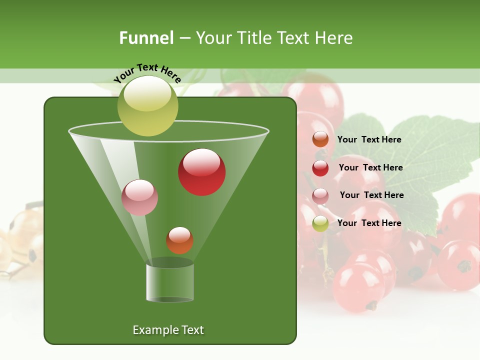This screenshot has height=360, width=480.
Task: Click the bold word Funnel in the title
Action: [x=146, y=38]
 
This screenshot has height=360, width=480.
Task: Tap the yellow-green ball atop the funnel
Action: [x=148, y=106]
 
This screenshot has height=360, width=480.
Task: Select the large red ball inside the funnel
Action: [x=202, y=172]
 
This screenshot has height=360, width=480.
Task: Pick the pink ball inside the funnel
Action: [x=140, y=197]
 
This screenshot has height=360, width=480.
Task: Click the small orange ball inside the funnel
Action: [x=179, y=240]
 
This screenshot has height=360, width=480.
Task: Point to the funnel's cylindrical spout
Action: [x=170, y=282]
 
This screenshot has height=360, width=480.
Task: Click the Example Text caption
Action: [x=168, y=330]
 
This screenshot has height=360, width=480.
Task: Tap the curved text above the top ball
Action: [x=147, y=72]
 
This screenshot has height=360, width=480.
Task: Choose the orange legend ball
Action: [x=320, y=139]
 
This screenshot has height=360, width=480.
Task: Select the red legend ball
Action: [x=320, y=168]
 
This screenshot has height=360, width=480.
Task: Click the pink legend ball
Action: [x=320, y=196]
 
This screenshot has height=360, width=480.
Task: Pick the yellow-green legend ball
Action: [x=320, y=223]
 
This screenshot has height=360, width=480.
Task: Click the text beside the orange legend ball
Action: [x=369, y=140]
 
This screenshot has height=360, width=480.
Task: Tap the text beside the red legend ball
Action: [x=370, y=168]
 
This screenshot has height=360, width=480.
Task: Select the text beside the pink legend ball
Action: [x=371, y=195]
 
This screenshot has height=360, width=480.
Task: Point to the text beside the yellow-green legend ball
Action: [x=369, y=223]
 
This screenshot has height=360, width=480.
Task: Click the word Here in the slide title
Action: [x=335, y=38]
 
